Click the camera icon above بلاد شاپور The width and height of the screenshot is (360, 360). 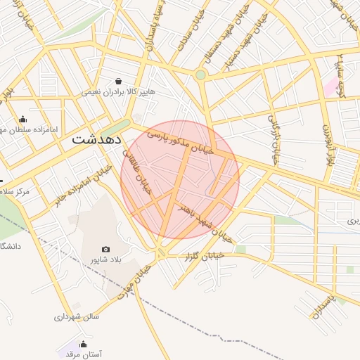pyautogui.click(x=106, y=249)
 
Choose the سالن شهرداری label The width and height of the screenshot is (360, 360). pyautogui.click(x=77, y=316)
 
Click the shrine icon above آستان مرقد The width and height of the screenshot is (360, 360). pyautogui.click(x=84, y=344)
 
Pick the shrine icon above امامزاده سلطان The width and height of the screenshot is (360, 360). pyautogui.click(x=23, y=119)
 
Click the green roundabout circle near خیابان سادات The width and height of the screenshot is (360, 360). pyautogui.click(x=200, y=75)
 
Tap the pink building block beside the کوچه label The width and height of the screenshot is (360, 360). pyautogui.click(x=330, y=87)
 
